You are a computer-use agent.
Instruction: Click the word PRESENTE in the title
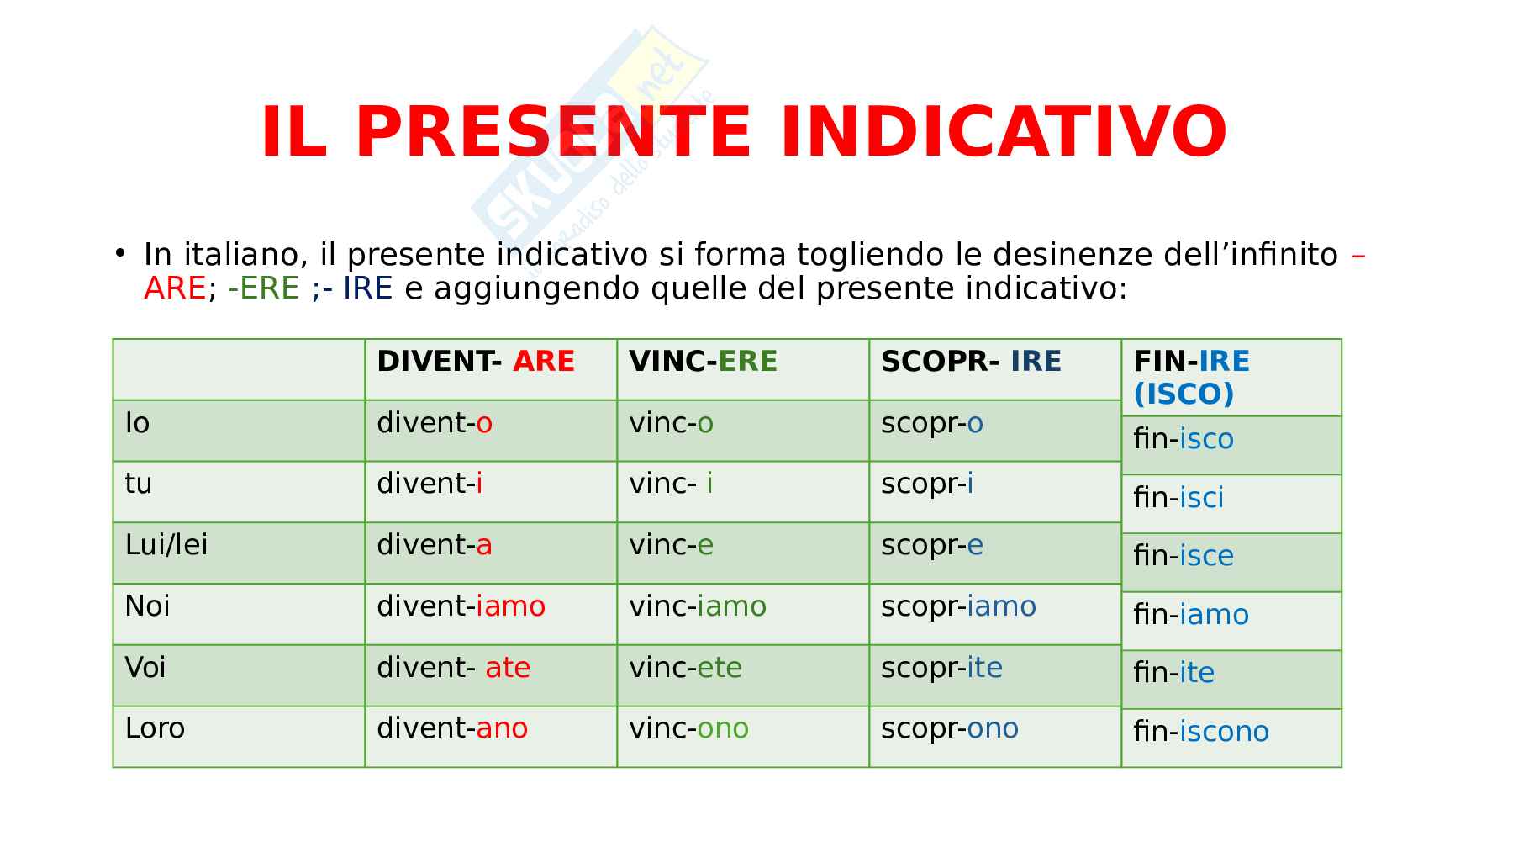553,132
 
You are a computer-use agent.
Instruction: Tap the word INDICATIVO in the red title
1004,132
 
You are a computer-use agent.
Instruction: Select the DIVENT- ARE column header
476,362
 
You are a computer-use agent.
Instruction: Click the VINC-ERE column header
704,362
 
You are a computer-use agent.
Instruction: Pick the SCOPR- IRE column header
971,362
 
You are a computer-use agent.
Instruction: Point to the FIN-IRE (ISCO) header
1191,378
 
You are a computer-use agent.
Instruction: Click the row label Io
137,423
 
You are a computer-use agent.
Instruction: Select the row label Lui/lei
166,545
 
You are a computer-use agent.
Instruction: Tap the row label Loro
155,728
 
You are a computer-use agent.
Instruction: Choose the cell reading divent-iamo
461,606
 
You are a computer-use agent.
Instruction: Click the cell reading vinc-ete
686,668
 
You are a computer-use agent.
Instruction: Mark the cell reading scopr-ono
950,728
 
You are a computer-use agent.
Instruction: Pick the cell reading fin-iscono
1201,732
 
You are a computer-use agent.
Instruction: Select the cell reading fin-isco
1184,439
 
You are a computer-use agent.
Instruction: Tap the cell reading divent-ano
452,728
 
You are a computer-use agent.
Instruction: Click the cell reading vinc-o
672,423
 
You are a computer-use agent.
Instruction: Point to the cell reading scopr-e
932,546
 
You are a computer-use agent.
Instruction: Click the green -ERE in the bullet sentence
264,288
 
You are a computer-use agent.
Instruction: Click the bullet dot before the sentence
121,252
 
